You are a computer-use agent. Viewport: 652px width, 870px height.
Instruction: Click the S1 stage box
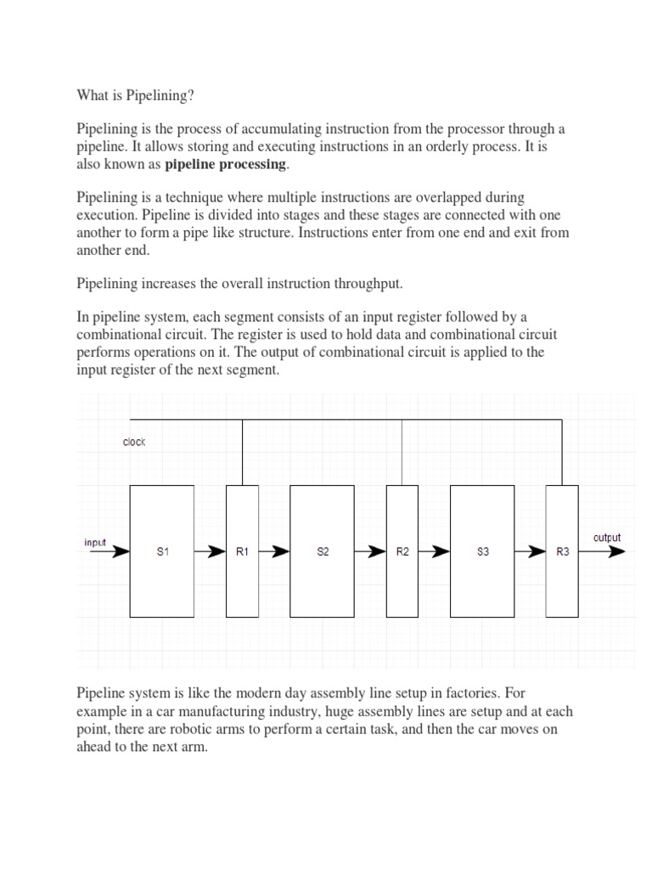coord(161,551)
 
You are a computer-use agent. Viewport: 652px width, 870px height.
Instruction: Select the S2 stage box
coord(322,551)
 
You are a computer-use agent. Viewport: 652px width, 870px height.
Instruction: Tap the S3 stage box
coord(482,551)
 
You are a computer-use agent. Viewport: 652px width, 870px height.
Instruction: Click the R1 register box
coord(242,551)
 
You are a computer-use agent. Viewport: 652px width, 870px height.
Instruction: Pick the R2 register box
coord(402,551)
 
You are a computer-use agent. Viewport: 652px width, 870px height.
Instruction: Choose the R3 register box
coord(562,551)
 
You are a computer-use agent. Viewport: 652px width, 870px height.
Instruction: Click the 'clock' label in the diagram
coord(134,442)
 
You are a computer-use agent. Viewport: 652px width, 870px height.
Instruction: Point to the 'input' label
coord(95,542)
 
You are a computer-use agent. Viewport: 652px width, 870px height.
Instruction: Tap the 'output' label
coord(606,537)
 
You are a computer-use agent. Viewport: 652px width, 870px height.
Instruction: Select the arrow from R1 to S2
coord(274,551)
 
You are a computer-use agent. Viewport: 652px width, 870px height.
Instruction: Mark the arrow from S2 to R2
coord(370,551)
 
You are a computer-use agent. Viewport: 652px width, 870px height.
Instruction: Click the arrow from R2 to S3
coord(434,551)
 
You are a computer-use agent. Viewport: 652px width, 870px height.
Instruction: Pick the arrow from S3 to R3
coord(531,551)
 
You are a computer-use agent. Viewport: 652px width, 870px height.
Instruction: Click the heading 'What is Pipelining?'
coord(136,96)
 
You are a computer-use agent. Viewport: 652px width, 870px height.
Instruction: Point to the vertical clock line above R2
coord(402,453)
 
